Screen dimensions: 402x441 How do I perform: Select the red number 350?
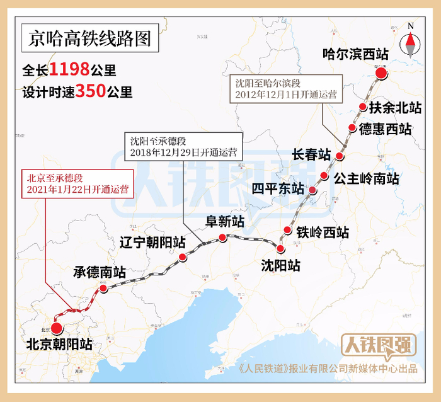[90, 92]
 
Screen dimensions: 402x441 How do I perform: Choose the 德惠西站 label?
[385, 129]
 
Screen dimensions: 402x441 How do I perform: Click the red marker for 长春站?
[340, 156]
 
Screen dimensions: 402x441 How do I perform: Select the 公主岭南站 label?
[366, 178]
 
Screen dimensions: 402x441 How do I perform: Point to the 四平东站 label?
[278, 188]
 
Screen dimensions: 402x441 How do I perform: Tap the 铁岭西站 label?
[323, 231]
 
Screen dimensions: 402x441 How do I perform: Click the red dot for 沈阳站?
[280, 248]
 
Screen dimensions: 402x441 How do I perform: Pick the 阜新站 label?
[226, 221]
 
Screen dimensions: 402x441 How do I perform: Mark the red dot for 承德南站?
[103, 289]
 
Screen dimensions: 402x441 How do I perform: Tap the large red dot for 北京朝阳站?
[57, 328]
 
